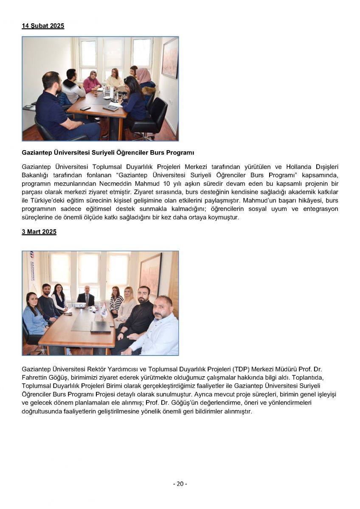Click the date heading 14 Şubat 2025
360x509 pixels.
pos(43,26)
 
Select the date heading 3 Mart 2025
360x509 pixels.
pos(39,232)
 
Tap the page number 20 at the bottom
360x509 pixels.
pos(180,484)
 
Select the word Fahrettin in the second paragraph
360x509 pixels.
pos(34,377)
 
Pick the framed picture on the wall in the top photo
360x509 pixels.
pos(170,57)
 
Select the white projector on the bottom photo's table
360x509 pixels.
pos(80,305)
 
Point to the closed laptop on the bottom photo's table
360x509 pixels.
pos(100,326)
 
